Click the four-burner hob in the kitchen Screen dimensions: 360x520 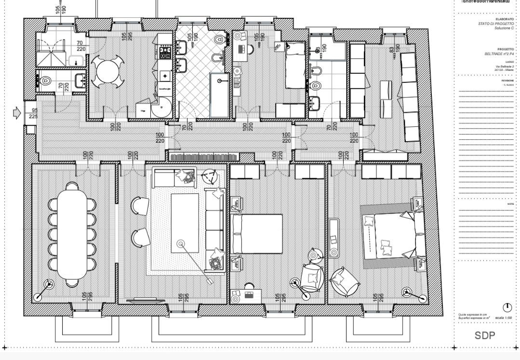tap(165, 52)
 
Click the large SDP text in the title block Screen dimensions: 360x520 tap(485, 335)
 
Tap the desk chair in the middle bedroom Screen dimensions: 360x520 tap(249, 287)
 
